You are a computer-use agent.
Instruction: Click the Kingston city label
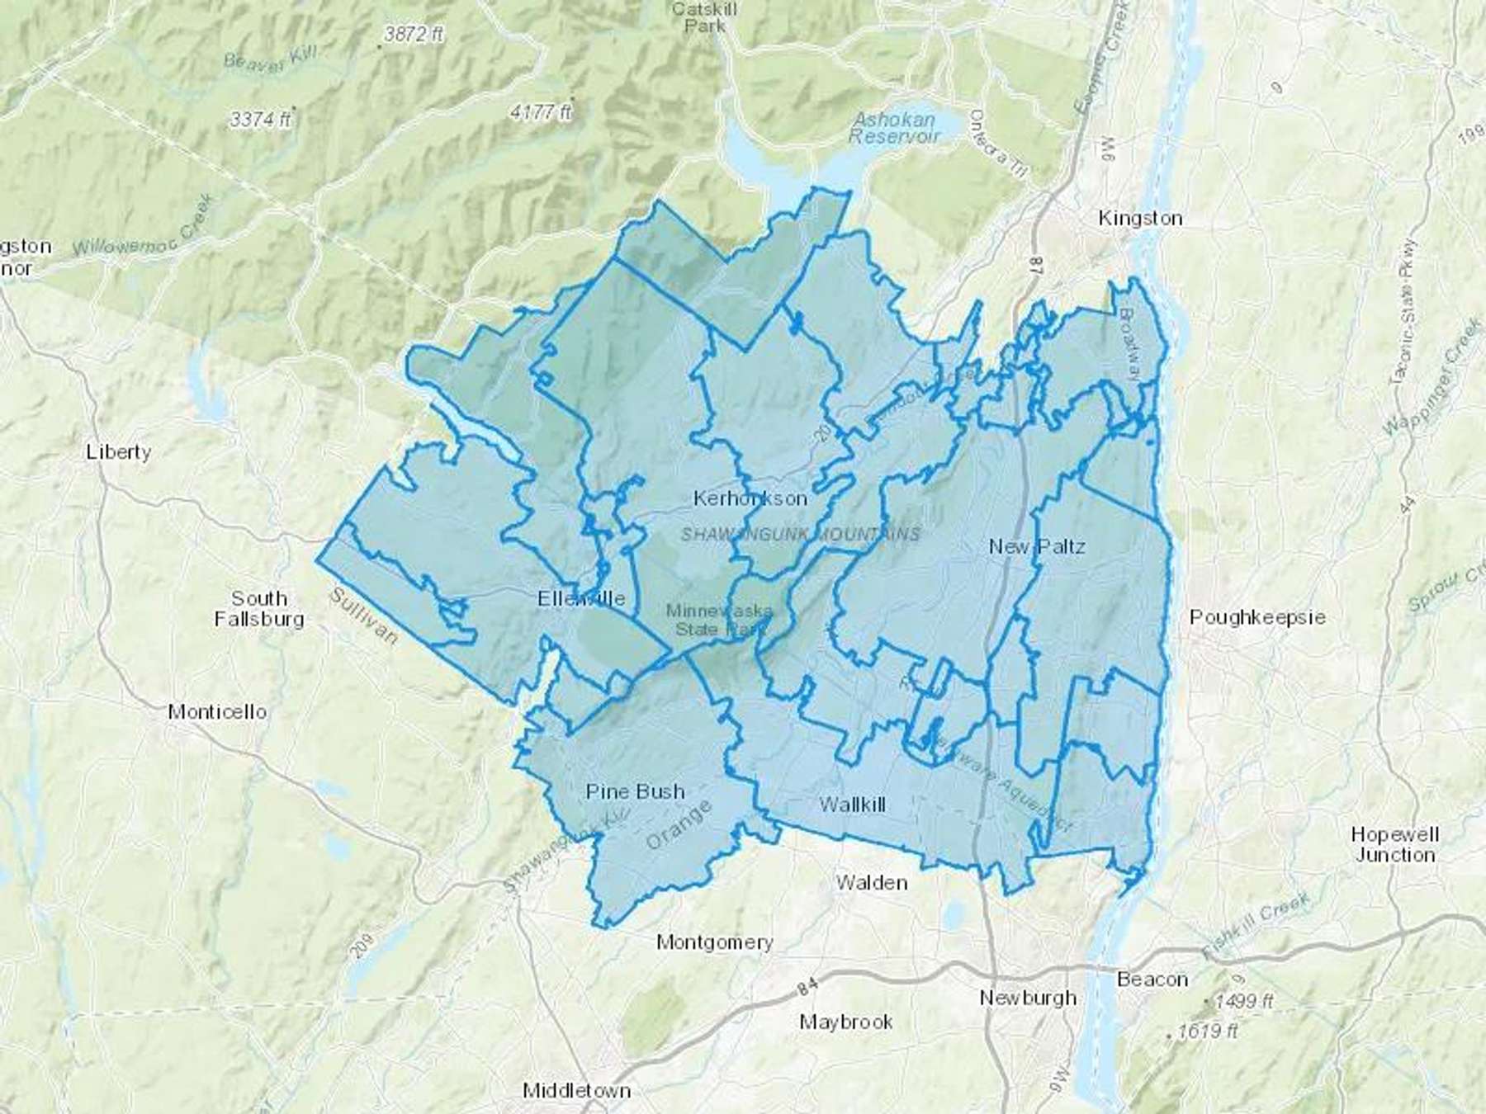[1140, 218]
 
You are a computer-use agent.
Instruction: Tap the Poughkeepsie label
[1256, 617]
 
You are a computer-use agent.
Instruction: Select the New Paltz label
[1037, 546]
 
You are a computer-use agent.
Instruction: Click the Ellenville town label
[581, 598]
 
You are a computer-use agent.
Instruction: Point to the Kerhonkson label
[750, 498]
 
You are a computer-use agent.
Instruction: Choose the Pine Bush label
[635, 791]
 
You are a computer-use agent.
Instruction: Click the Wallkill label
[852, 805]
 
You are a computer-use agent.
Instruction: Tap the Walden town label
[871, 882]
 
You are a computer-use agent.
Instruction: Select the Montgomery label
[714, 942]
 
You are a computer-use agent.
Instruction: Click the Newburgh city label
[1028, 998]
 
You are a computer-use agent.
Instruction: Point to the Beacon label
[1152, 979]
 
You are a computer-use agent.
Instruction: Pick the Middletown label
[576, 1090]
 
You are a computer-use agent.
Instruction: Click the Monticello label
[217, 711]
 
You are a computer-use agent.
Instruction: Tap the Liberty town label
[119, 451]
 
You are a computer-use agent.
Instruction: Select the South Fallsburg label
[259, 608]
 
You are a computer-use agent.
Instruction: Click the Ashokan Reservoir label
[894, 128]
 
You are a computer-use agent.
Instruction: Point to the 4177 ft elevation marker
[541, 111]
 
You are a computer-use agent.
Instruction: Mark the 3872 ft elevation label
[413, 35]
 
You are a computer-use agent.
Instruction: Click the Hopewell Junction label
[1394, 844]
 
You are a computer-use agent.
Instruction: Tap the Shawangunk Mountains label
[800, 535]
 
